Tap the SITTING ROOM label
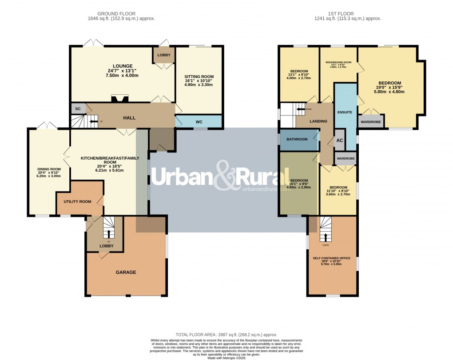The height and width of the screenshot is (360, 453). pos(199,76)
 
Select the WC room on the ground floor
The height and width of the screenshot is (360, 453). pos(199,121)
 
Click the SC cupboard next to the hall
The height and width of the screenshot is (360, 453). pos(78,108)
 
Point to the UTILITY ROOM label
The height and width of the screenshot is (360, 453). pos(77,201)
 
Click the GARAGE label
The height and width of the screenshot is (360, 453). pos(126,272)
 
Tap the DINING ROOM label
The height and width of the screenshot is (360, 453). pos(49,169)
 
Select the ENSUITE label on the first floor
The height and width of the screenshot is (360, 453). pos(345,112)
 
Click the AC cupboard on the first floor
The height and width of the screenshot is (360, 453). pos(340,140)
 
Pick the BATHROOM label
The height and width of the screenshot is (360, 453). pos(297,139)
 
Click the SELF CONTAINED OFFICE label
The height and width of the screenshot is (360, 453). pos(332,258)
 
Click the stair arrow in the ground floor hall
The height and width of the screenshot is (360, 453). pos(93,121)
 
